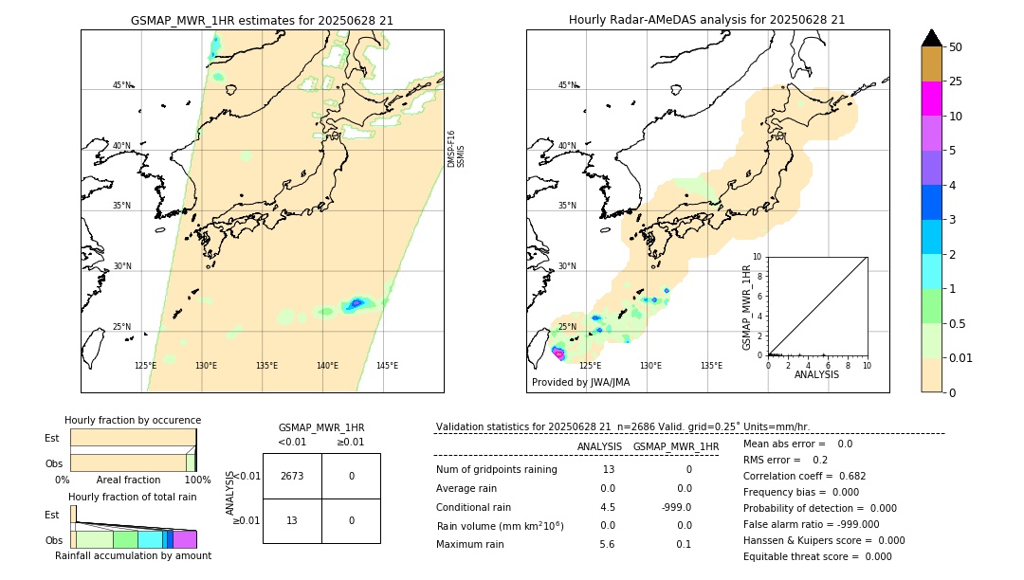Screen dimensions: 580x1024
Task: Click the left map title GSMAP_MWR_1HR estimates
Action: click(x=262, y=20)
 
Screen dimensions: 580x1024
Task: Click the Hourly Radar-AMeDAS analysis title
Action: click(x=706, y=20)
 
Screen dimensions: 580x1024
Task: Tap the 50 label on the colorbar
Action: click(x=956, y=47)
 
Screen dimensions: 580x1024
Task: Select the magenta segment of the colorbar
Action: click(x=931, y=99)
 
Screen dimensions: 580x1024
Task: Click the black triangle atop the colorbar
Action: click(x=931, y=38)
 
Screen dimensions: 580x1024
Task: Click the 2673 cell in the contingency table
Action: click(x=292, y=476)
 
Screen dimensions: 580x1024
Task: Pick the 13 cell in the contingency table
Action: click(x=292, y=520)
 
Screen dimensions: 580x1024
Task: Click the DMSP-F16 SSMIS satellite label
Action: click(x=456, y=149)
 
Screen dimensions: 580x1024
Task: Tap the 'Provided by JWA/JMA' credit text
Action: click(x=580, y=383)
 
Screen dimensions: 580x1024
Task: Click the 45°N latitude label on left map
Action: click(x=121, y=85)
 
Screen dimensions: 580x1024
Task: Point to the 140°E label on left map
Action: click(x=326, y=366)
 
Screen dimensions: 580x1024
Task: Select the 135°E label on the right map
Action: click(x=711, y=366)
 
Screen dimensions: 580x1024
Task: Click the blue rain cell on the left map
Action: click(x=357, y=303)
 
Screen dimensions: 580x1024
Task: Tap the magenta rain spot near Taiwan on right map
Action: click(x=558, y=353)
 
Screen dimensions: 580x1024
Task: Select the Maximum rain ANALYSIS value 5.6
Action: click(x=607, y=544)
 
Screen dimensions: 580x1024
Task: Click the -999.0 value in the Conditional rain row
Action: click(x=676, y=507)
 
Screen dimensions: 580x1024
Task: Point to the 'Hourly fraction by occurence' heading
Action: click(x=133, y=421)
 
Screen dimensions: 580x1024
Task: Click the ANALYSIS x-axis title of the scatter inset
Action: click(x=816, y=374)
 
